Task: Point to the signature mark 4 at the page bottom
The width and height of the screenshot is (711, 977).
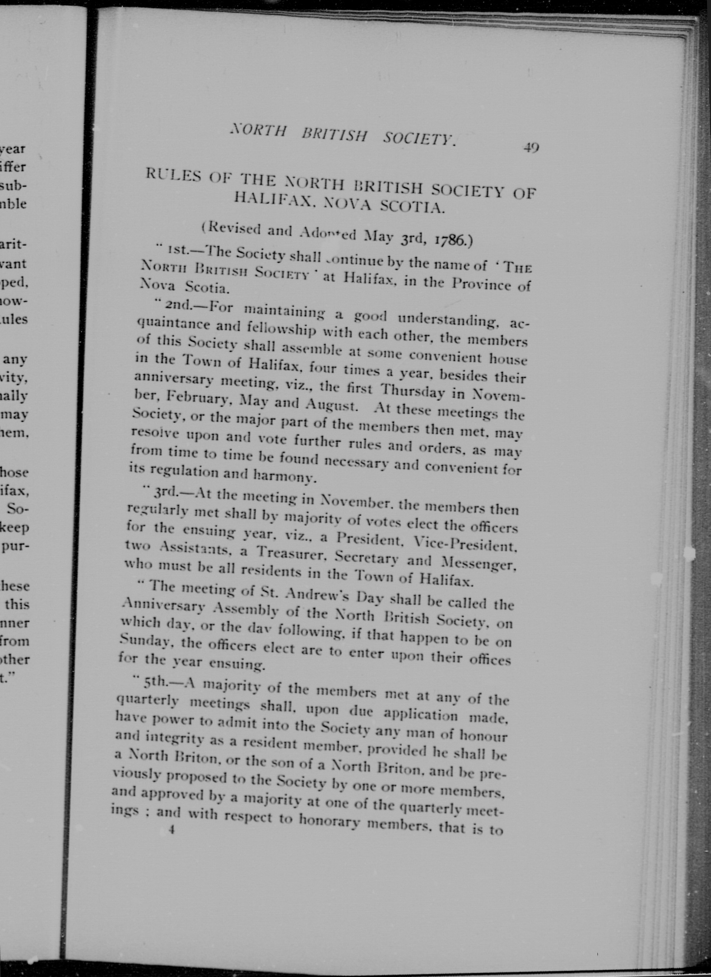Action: coord(172,830)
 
